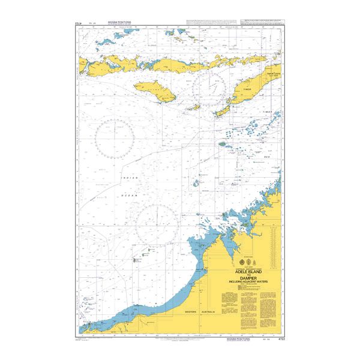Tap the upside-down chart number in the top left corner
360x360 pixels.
point(78,23)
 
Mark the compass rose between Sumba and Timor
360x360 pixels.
point(212,86)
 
